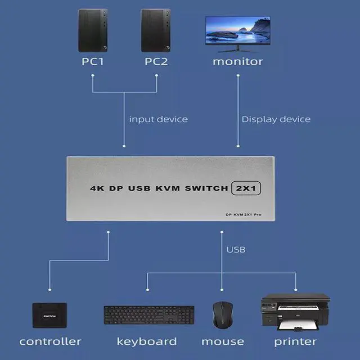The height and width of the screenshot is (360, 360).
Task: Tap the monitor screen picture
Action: (237, 30)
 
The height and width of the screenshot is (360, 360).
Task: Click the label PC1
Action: (92, 61)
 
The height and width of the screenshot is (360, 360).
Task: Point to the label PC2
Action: (156, 61)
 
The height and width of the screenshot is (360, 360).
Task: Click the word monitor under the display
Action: (237, 61)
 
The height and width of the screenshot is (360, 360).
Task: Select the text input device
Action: (158, 119)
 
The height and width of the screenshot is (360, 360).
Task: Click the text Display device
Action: (276, 119)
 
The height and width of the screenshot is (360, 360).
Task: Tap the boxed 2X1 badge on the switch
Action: (246, 189)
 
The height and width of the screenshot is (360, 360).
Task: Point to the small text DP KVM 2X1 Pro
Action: (242, 214)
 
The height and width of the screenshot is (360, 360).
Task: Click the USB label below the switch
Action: (236, 249)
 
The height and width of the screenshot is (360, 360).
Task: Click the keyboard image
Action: (149, 315)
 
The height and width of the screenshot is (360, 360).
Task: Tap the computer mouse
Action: (222, 314)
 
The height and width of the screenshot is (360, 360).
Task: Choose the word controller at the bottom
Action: (50, 341)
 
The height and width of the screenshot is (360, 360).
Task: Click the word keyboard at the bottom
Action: (147, 341)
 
